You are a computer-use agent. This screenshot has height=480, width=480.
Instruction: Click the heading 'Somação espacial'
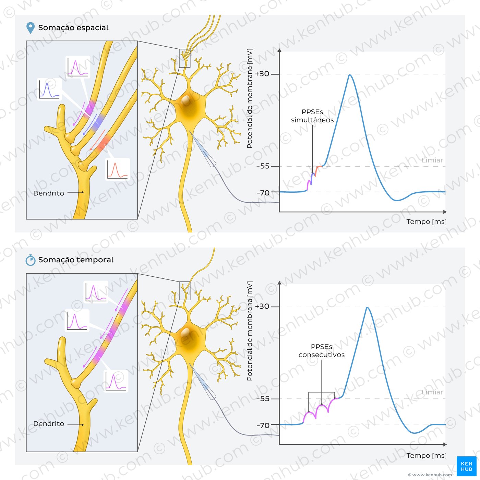[x=73, y=28]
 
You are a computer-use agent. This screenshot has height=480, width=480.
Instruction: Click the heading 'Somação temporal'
[x=76, y=260]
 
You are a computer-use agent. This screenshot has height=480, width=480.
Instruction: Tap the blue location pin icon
[x=31, y=28]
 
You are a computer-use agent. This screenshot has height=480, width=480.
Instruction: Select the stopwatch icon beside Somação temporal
[x=31, y=260]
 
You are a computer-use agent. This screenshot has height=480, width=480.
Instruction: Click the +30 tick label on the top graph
[x=262, y=74]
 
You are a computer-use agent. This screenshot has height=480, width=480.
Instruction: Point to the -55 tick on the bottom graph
[x=263, y=399]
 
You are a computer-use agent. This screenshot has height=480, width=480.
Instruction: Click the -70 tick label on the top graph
[x=263, y=193]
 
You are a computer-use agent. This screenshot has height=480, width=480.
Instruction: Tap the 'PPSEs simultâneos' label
[x=312, y=116]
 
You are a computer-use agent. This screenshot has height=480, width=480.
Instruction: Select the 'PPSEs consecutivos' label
[x=322, y=351]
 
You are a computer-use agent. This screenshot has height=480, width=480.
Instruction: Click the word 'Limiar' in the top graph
[x=432, y=160]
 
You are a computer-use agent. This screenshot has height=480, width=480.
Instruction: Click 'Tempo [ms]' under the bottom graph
[x=427, y=456]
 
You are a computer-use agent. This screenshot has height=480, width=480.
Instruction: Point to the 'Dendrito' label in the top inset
[x=49, y=193]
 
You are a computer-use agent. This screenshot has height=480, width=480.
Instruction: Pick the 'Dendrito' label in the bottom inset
[x=49, y=424]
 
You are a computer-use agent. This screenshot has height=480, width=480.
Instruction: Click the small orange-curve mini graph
[x=118, y=169]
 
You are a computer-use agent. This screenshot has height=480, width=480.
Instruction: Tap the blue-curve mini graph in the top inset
[x=49, y=89]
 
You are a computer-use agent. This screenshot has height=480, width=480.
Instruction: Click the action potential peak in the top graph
[x=350, y=75]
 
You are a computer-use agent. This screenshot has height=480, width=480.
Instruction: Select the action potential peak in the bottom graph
[x=368, y=308]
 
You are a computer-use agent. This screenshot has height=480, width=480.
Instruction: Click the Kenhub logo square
[x=467, y=466]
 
